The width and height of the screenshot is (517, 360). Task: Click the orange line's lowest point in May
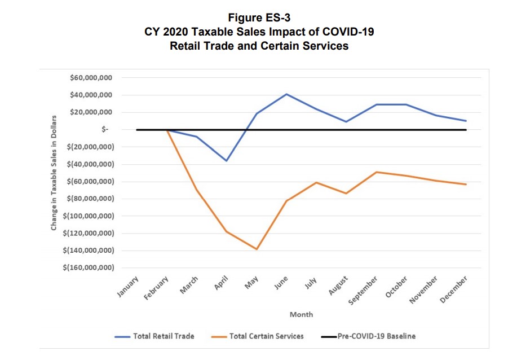click(x=257, y=249)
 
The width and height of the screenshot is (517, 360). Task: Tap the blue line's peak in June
click(x=287, y=94)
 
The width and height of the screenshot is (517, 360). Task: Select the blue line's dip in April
click(x=227, y=161)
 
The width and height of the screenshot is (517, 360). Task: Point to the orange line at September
click(x=376, y=172)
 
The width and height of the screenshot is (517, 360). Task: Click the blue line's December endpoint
click(x=466, y=121)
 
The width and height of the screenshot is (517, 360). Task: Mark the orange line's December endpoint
click(x=466, y=185)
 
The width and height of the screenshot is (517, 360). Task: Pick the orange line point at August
click(x=346, y=194)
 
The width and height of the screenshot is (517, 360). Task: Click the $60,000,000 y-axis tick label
click(x=91, y=78)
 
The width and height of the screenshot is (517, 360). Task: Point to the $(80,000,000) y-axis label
click(x=90, y=199)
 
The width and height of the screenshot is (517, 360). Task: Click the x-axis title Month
click(x=301, y=314)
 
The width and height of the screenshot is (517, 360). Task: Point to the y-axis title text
click(x=54, y=172)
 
